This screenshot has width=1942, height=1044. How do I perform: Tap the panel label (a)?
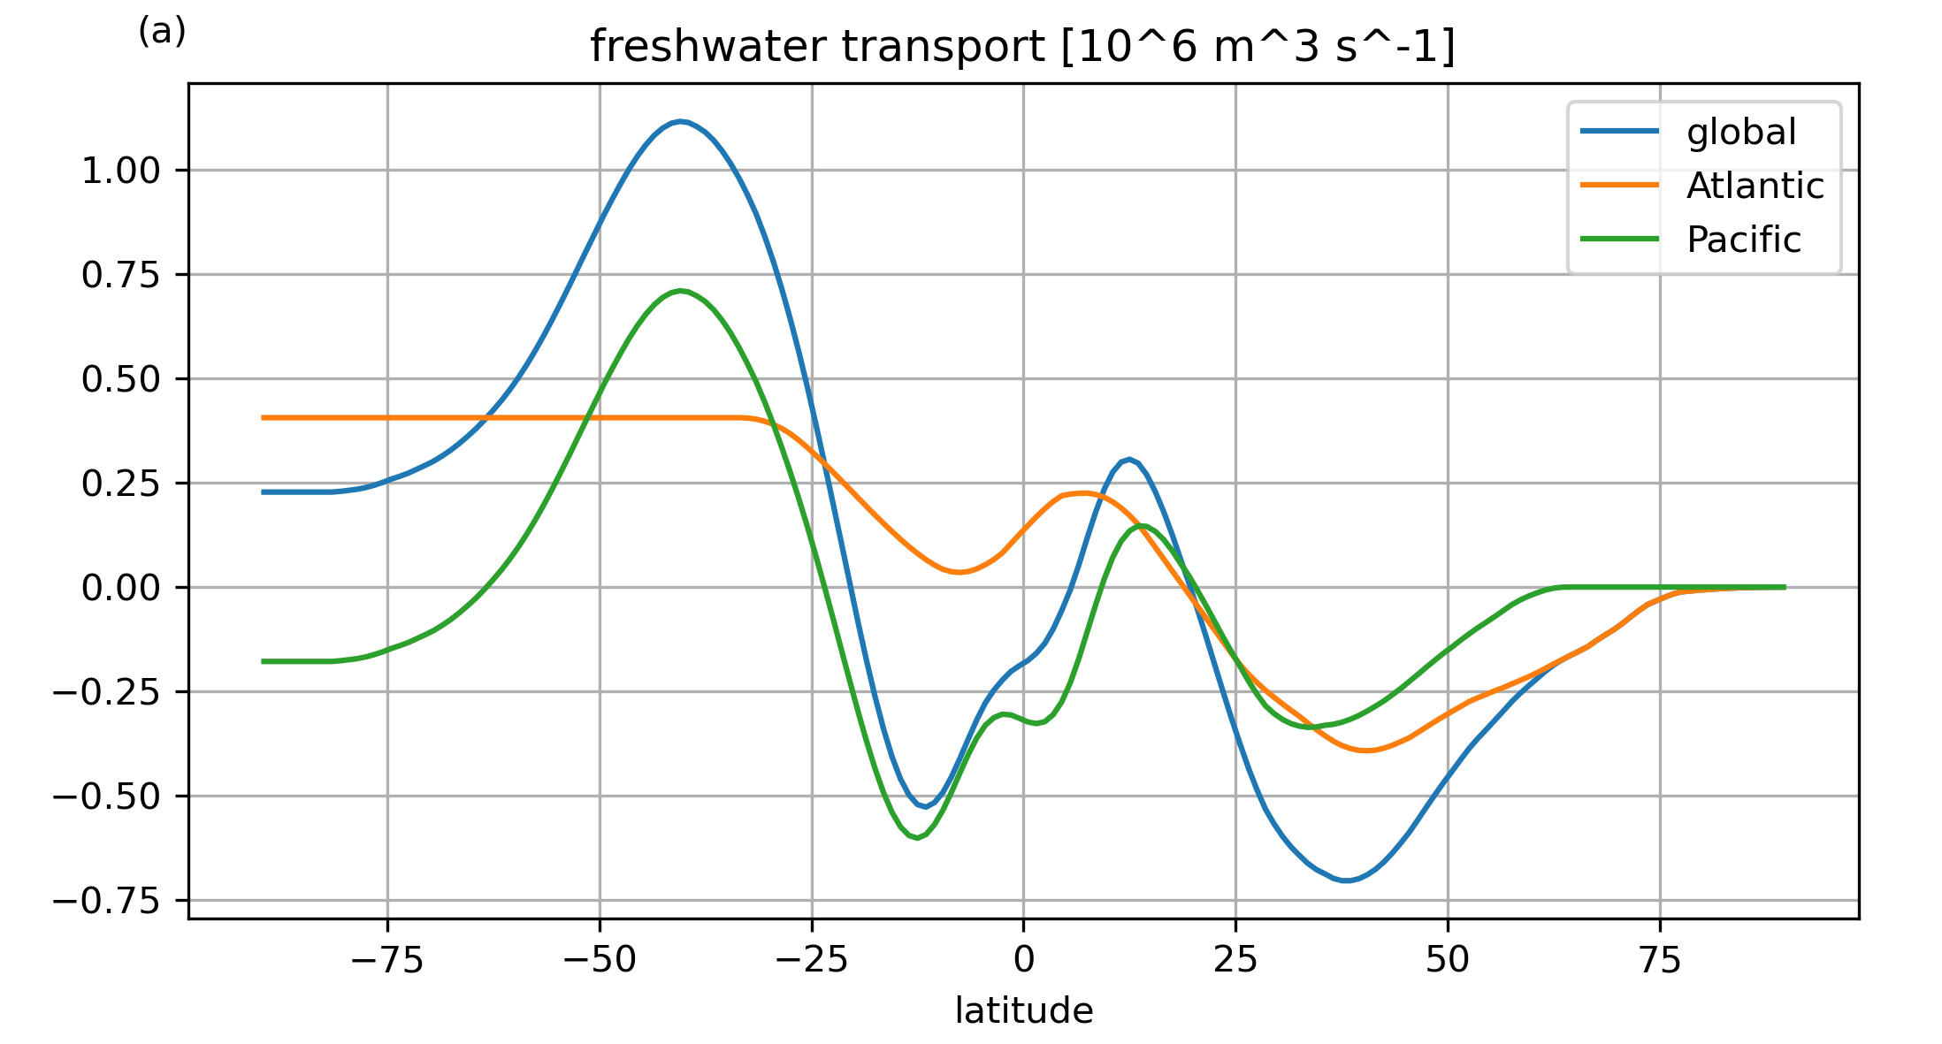[x=162, y=32]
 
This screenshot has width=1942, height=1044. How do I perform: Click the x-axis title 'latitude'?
[x=1023, y=1010]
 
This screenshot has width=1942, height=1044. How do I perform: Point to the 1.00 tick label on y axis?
[x=121, y=171]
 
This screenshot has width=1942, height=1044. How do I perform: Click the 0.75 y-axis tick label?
[x=121, y=275]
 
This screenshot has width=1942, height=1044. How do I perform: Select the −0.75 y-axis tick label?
[x=107, y=901]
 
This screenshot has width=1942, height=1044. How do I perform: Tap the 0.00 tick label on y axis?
[x=121, y=588]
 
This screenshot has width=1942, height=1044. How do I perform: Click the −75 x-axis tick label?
[x=387, y=959]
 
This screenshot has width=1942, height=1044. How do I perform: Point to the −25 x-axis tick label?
[x=812, y=959]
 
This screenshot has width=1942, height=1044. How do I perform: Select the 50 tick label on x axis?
[x=1448, y=959]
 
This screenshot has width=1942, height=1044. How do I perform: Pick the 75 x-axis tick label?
[x=1660, y=959]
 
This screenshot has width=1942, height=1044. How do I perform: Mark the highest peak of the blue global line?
[x=679, y=121]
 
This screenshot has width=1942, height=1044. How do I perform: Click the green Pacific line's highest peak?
[x=679, y=291]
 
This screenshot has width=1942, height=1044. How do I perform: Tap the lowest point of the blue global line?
[x=1345, y=880]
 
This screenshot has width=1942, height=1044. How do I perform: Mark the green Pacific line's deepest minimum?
[x=917, y=836]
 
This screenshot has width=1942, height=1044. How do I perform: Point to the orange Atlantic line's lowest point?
[x=1366, y=751]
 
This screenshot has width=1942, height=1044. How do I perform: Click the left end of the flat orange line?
[x=263, y=417]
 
